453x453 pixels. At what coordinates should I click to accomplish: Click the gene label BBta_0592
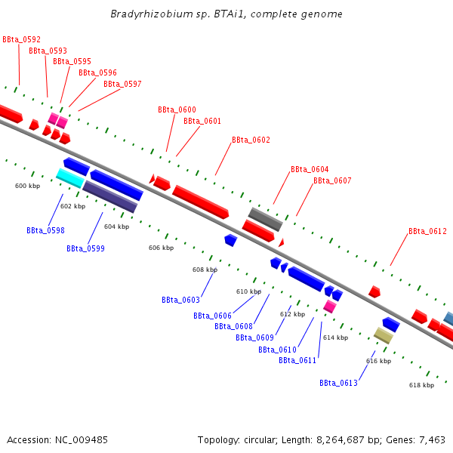(x=21, y=39)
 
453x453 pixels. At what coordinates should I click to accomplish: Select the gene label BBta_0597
(x=122, y=84)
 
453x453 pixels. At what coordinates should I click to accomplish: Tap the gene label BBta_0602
(x=251, y=140)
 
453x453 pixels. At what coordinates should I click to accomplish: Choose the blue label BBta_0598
(x=45, y=231)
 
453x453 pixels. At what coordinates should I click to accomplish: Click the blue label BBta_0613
(x=338, y=384)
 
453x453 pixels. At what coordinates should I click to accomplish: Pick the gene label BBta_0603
(x=180, y=300)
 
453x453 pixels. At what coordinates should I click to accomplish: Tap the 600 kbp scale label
(x=27, y=186)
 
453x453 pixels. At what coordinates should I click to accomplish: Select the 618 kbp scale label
(x=421, y=386)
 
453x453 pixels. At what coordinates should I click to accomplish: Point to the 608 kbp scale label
(x=205, y=270)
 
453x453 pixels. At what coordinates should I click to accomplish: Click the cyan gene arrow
(x=70, y=178)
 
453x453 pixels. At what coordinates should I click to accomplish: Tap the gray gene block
(x=265, y=219)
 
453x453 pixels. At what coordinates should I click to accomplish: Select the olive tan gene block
(x=384, y=335)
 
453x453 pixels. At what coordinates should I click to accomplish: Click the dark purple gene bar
(x=110, y=196)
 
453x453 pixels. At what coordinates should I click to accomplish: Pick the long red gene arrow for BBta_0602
(x=200, y=202)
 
